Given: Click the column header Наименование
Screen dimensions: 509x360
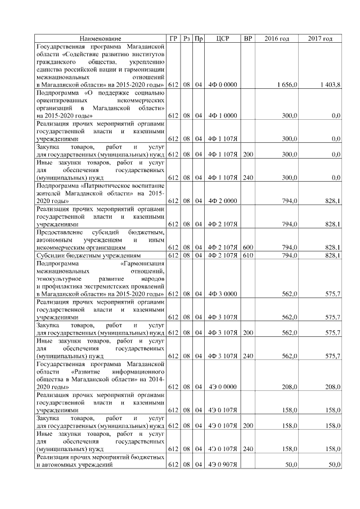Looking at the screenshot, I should click(x=100, y=38).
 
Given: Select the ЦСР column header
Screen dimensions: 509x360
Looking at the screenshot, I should click(x=224, y=38).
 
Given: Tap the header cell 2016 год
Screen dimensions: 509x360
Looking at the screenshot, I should click(x=277, y=38).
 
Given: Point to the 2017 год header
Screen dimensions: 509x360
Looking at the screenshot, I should click(x=320, y=38).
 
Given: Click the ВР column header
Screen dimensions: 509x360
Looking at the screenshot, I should click(x=247, y=38).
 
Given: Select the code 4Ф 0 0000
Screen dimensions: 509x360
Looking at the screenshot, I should click(x=224, y=84).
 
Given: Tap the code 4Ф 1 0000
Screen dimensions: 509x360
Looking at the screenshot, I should click(x=224, y=115).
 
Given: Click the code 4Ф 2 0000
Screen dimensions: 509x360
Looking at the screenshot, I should click(x=224, y=201).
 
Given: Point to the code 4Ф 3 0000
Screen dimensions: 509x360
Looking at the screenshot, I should click(x=224, y=294).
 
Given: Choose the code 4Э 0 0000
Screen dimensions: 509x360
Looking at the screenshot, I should click(x=224, y=387).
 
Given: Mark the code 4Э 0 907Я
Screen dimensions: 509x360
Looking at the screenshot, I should click(x=224, y=465).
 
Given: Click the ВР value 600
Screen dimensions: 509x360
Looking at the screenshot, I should click(x=247, y=247).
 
